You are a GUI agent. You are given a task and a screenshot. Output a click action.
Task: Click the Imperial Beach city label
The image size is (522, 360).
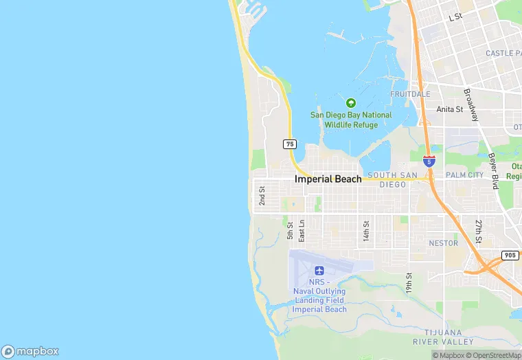point(328,179)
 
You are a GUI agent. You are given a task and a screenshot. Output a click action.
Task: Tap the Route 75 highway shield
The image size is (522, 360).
point(290,144)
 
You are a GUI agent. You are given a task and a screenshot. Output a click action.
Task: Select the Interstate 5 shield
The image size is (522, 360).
point(429,162)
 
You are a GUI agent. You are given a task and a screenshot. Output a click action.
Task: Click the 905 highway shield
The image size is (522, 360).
point(510,255)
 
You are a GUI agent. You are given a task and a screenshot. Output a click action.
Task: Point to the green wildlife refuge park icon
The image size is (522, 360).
point(351,103)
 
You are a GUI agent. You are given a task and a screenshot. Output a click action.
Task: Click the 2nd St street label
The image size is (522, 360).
point(262,196)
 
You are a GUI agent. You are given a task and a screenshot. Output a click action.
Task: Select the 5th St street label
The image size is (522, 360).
point(291,230)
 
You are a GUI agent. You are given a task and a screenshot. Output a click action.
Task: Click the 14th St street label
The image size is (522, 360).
point(367,231)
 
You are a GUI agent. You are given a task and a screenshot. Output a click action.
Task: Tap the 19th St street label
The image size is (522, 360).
point(409,283)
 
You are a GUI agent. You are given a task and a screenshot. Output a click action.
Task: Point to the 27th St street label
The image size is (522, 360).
point(479,231)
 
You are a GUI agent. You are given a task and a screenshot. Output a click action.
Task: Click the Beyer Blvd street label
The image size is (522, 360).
point(494,170)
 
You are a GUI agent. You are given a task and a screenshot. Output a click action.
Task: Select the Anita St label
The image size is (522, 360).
point(450,109)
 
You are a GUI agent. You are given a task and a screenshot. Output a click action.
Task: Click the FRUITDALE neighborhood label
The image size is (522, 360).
point(410,94)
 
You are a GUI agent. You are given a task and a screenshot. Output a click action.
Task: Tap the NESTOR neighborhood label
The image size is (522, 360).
point(443,243)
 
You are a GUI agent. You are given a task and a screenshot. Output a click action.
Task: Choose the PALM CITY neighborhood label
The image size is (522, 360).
point(465,175)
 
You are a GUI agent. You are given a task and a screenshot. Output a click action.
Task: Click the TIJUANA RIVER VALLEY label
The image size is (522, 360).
point(443,336)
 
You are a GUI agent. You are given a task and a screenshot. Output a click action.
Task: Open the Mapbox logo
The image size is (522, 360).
point(30,351)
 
